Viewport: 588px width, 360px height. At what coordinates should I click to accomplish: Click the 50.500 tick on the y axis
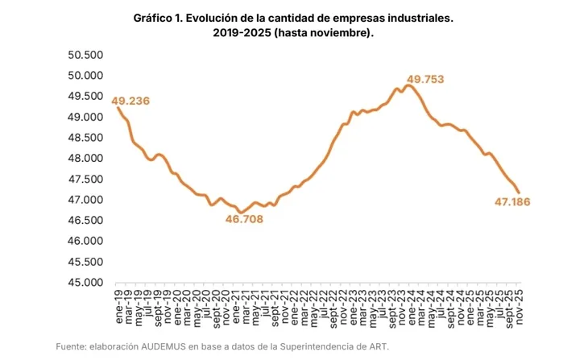pyautogui.click(x=85, y=55)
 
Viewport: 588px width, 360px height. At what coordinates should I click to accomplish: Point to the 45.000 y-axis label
pyautogui.click(x=85, y=283)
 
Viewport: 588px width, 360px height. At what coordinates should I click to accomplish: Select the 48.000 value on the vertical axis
pyautogui.click(x=85, y=159)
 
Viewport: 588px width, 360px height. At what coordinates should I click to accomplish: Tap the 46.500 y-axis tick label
pyautogui.click(x=85, y=221)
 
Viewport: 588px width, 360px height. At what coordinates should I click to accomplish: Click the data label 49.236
pyautogui.click(x=130, y=101)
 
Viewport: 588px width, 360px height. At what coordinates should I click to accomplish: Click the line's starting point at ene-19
pyautogui.click(x=118, y=108)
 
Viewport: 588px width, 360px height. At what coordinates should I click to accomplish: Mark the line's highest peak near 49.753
pyautogui.click(x=410, y=85)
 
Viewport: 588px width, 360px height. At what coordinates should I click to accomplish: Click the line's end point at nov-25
pyautogui.click(x=519, y=192)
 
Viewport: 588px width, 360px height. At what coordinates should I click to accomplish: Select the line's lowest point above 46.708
pyautogui.click(x=240, y=213)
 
